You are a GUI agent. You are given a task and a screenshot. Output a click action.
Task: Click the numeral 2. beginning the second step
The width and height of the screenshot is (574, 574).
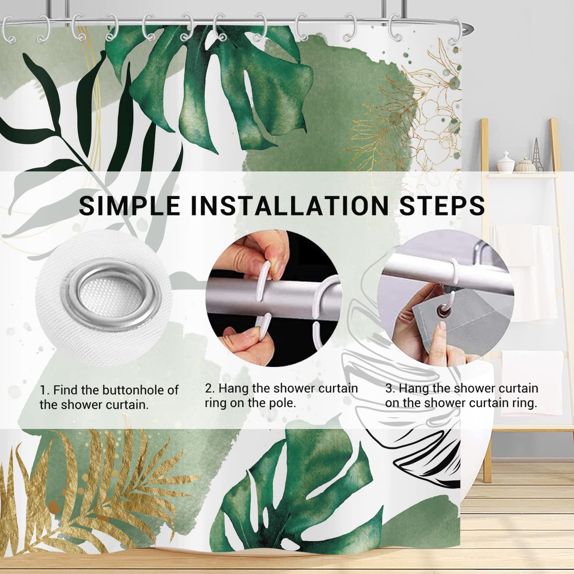click(210, 388)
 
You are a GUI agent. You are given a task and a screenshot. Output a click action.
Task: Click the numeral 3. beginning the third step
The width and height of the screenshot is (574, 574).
click(390, 388)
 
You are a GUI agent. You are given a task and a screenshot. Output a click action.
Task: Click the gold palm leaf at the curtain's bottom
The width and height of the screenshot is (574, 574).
click(84, 494)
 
